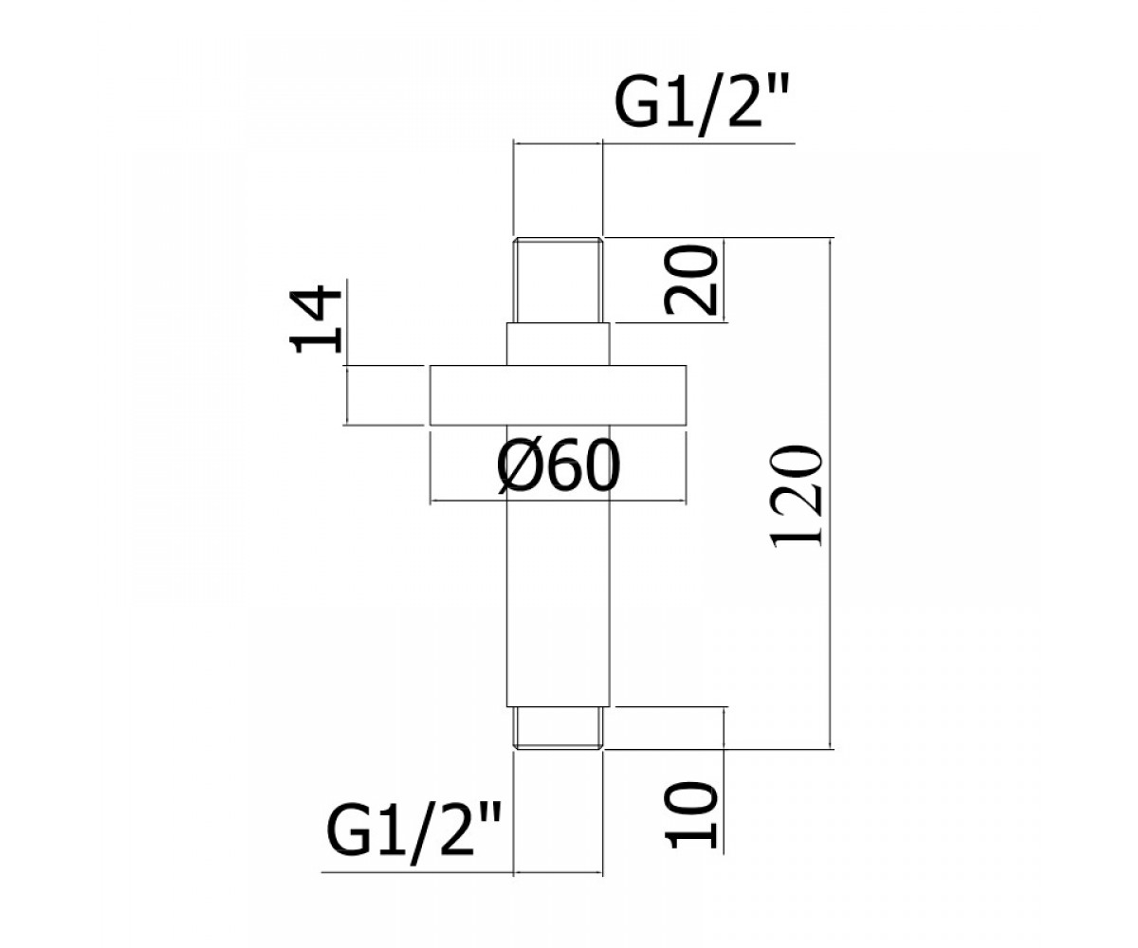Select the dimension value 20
tap(690, 280)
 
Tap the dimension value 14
tap(316, 319)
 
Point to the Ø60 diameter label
tap(559, 466)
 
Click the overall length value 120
tap(796, 495)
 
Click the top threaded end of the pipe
tap(559, 281)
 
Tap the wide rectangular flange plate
tap(559, 395)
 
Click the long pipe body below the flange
tap(559, 566)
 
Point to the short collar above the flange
tap(559, 344)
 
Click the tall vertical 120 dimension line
tap(830, 494)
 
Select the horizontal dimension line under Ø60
tap(559, 501)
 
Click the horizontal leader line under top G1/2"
tap(654, 144)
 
